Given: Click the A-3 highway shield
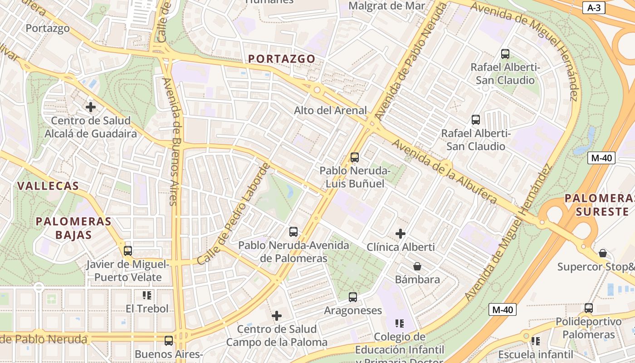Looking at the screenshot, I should click(x=594, y=7).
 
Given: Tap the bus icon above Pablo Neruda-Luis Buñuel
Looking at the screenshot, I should click(x=355, y=157).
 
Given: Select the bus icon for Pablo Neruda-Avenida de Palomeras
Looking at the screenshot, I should click(x=293, y=232).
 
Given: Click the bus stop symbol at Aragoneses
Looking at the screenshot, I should click(x=353, y=297).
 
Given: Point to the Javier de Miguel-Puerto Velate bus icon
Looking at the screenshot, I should click(x=128, y=250).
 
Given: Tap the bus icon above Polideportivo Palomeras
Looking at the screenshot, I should click(x=589, y=308).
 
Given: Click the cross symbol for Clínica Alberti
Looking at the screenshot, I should click(x=401, y=234).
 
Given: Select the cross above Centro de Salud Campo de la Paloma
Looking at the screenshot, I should click(x=277, y=315).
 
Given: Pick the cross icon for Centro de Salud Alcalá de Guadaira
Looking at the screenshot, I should click(x=91, y=107).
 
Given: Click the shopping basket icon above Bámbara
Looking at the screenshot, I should click(x=417, y=266).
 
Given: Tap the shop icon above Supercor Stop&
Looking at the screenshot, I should click(x=603, y=253).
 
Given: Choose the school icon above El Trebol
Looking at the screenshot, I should click(x=147, y=295).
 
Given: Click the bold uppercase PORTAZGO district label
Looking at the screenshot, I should click(x=282, y=59).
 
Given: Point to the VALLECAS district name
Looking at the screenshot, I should click(x=48, y=186).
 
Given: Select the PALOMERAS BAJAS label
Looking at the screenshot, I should click(x=73, y=228).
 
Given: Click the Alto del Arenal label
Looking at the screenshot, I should click(x=330, y=110).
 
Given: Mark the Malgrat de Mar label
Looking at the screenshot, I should click(x=387, y=6).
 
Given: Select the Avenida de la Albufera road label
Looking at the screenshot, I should click(x=445, y=171).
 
